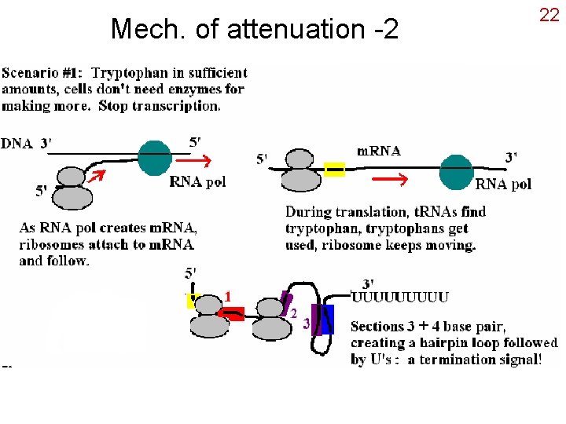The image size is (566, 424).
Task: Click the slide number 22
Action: click(549, 14)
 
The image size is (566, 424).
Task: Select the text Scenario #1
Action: click(44, 73)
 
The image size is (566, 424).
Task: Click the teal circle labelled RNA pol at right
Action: click(456, 172)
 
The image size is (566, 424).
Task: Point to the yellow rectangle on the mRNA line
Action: click(336, 167)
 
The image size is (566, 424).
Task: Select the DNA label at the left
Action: click(17, 143)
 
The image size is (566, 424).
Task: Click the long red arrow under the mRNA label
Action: click(389, 179)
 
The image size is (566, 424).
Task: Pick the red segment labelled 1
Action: click(232, 315)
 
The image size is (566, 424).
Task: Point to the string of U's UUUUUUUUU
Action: click(400, 297)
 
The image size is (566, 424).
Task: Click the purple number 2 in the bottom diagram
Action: click(292, 313)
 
